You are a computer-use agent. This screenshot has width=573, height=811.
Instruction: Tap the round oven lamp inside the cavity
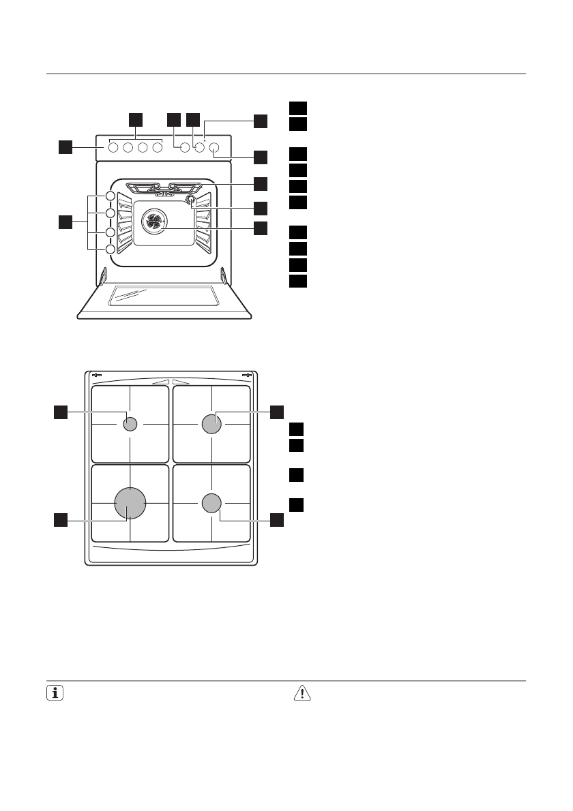pos(190,200)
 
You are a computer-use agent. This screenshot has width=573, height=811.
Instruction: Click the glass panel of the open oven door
pos(164,294)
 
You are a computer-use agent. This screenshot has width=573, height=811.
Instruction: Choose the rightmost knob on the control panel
pos(214,147)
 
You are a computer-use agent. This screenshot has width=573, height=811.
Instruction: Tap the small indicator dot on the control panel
pos(205,138)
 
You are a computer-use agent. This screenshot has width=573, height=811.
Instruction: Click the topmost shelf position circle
pos(110,197)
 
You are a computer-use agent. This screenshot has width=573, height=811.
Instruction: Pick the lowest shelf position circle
pos(110,249)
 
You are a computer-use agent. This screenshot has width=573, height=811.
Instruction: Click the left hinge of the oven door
pos(103,276)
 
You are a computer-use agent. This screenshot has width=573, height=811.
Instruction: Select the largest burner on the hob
pos(130,504)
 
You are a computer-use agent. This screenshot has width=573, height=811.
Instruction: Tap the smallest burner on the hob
pos(130,424)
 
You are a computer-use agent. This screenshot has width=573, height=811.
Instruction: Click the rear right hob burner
pos(211,424)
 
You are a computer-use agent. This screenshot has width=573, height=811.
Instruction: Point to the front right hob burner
pos(211,504)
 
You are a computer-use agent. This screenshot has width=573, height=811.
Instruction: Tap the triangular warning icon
pos(300,693)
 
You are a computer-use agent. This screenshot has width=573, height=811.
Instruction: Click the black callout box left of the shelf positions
pos(65,222)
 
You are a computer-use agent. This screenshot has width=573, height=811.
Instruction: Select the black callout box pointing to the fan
pos(261,229)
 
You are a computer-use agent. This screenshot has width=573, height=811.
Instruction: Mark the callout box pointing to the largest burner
pos(61,520)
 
